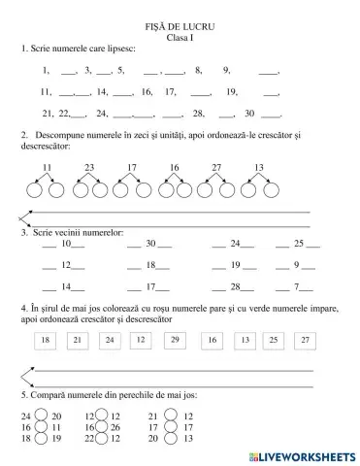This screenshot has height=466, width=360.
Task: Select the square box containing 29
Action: pyautogui.click(x=174, y=340)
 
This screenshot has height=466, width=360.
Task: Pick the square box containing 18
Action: pyautogui.click(x=45, y=340)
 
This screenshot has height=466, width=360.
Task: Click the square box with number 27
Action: pyautogui.click(x=306, y=340)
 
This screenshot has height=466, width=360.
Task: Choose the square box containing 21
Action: pyautogui.click(x=78, y=340)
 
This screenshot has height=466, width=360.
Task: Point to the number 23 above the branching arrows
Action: pyautogui.click(x=89, y=168)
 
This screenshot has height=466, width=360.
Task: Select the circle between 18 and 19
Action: pyautogui.click(x=41, y=439)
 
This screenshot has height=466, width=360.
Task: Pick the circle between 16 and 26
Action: pyautogui.click(x=104, y=427)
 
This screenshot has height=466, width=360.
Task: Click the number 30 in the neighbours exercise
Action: pyautogui.click(x=150, y=244)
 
